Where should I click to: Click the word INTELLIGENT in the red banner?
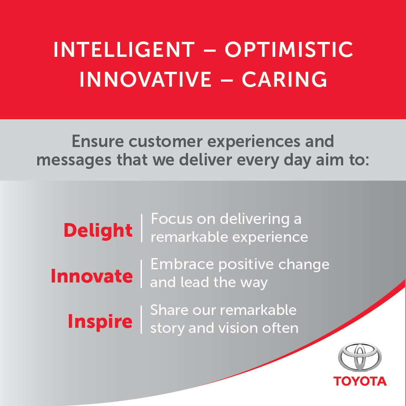[x=124, y=49]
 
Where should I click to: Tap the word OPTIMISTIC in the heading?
[x=289, y=49]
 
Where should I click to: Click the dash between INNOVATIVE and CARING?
[x=227, y=80]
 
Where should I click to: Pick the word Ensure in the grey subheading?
[x=97, y=141]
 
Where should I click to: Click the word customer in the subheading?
[x=165, y=141]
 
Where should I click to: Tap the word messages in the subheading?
[x=74, y=160]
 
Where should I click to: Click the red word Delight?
[x=98, y=230]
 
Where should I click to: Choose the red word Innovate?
[x=91, y=276]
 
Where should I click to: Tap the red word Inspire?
[x=100, y=321]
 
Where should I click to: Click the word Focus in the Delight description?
[x=172, y=219]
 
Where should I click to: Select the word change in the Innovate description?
[x=304, y=265]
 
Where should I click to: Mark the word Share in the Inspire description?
[x=169, y=310]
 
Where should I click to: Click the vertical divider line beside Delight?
[x=141, y=228]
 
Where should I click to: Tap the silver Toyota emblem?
[x=360, y=357]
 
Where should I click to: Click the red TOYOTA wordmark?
[x=360, y=381]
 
